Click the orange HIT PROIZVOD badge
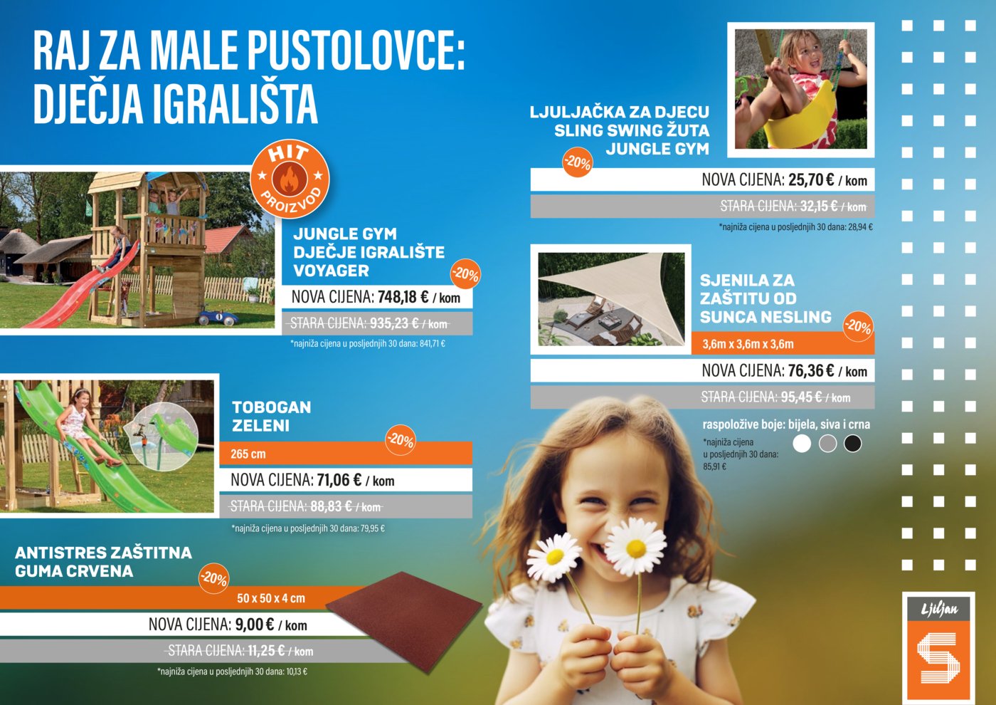pyautogui.click(x=290, y=179)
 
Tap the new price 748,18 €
pyautogui.click(x=403, y=297)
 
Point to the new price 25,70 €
pyautogui.click(x=811, y=180)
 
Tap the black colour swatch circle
pyautogui.click(x=852, y=444)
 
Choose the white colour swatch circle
pyautogui.click(x=802, y=444)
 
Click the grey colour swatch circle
pyautogui.click(x=827, y=444)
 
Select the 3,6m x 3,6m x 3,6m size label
pyautogui.click(x=748, y=344)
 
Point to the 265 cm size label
pyautogui.click(x=248, y=454)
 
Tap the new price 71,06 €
pyautogui.click(x=339, y=481)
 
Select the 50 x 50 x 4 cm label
pyautogui.click(x=270, y=598)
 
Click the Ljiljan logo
pyautogui.click(x=938, y=647)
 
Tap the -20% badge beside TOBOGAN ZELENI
pyautogui.click(x=401, y=441)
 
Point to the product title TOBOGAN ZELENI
pyautogui.click(x=271, y=417)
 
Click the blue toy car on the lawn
pyautogui.click(x=218, y=315)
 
